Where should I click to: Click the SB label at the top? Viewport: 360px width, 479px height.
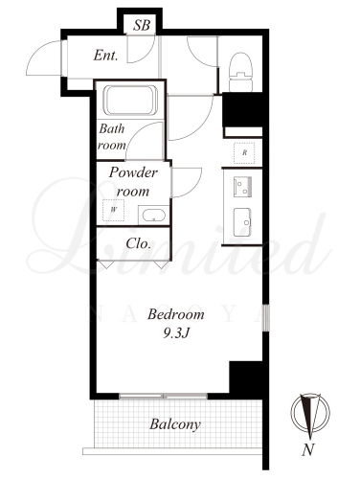point(142,25)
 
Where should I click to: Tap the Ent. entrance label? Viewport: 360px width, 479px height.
point(105,56)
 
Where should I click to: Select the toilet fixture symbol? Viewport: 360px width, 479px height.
point(241,72)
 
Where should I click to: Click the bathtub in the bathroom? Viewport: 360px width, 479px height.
point(131,100)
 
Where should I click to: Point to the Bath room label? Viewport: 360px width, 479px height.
point(112,137)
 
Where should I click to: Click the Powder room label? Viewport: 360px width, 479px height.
point(133,181)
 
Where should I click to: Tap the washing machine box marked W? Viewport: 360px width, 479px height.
point(113,210)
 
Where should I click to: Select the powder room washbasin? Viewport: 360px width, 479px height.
point(153,216)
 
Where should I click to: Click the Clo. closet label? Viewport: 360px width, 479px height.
point(138,243)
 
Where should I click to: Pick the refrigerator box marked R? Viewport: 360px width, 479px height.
point(244,153)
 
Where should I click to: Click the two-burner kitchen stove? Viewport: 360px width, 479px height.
point(242,187)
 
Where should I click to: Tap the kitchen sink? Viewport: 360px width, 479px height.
point(242,222)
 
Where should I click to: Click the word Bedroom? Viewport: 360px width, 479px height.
point(176,314)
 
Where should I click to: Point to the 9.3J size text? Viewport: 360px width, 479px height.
point(176,333)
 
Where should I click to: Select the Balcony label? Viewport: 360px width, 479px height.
point(175,424)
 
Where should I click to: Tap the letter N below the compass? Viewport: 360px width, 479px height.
point(308,449)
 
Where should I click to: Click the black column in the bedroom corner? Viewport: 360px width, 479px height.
point(246,377)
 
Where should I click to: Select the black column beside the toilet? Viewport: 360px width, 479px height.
point(242,109)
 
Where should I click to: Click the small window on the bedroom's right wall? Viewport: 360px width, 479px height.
point(266,318)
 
